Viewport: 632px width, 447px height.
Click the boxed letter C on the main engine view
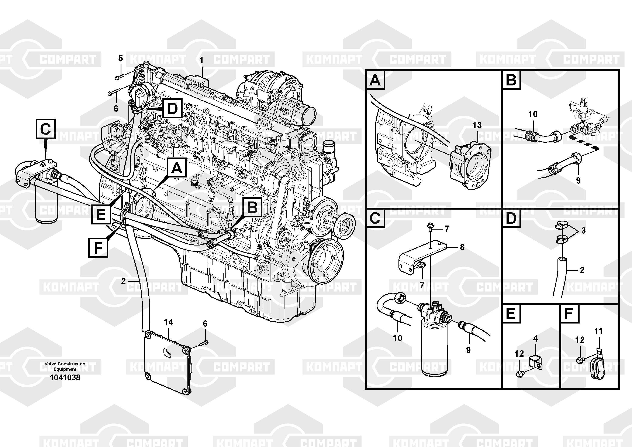pyautogui.click(x=45, y=129)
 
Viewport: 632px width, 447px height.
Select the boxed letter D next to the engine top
pyautogui.click(x=172, y=108)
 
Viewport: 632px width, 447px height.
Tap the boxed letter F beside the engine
pyautogui.click(x=98, y=248)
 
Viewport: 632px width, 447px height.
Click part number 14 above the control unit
pyautogui.click(x=169, y=322)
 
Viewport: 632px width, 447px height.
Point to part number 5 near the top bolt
pyautogui.click(x=121, y=58)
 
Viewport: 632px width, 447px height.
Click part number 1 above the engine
pyautogui.click(x=201, y=60)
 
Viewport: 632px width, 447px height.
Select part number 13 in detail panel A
pyautogui.click(x=477, y=125)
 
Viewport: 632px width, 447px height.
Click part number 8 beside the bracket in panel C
pyautogui.click(x=462, y=247)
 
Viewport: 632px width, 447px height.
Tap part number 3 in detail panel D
pyautogui.click(x=583, y=231)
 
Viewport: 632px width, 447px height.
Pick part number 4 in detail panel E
pyautogui.click(x=535, y=338)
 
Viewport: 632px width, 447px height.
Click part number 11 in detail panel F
pyautogui.click(x=598, y=331)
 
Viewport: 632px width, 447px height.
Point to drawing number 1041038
pyautogui.click(x=65, y=377)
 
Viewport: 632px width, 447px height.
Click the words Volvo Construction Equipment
pyautogui.click(x=65, y=366)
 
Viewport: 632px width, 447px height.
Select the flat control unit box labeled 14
pyautogui.click(x=168, y=362)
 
